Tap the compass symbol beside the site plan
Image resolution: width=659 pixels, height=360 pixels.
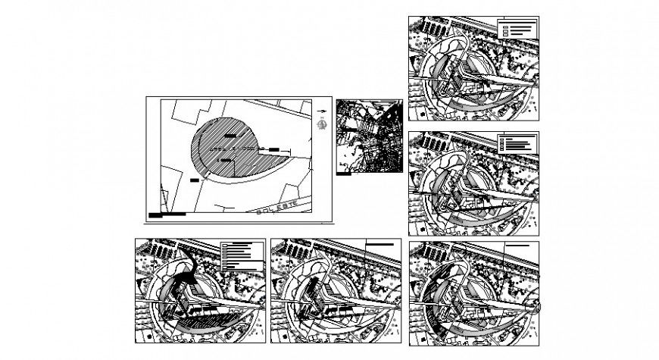pyautogui.click(x=323, y=124)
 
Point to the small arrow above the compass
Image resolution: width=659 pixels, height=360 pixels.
pyautogui.click(x=322, y=111)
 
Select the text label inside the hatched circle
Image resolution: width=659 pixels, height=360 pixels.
pyautogui.click(x=226, y=161)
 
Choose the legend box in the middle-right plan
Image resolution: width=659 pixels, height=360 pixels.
pyautogui.click(x=517, y=142)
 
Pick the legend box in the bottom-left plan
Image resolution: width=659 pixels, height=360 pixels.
pyautogui.click(x=241, y=256)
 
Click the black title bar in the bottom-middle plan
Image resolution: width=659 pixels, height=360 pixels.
pyautogui.click(x=380, y=245)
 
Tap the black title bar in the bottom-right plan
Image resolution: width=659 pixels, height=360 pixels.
pyautogui.click(x=519, y=246)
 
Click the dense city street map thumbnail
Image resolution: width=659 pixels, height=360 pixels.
pyautogui.click(x=369, y=135)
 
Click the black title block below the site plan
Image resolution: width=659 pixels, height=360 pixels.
pyautogui.click(x=167, y=214)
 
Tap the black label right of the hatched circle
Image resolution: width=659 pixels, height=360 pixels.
pyautogui.click(x=273, y=149)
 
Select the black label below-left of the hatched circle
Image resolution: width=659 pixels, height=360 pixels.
pyautogui.click(x=195, y=180)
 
